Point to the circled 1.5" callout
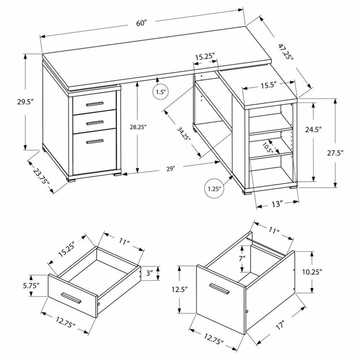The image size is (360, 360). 161,93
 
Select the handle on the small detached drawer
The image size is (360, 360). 71,297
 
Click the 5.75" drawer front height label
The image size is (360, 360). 31,286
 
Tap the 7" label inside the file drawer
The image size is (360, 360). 242,259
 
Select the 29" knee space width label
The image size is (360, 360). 170,169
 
